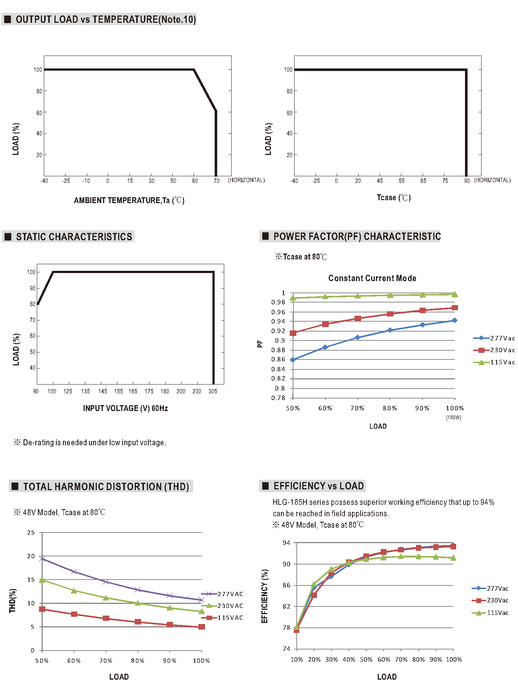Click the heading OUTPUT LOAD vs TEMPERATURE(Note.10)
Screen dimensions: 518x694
click(x=106, y=19)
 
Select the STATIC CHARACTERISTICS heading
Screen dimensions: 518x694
click(x=74, y=237)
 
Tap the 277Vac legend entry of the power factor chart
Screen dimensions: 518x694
click(x=494, y=338)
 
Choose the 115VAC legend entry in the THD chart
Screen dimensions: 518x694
click(x=222, y=617)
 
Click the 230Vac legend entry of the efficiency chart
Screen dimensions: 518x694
click(x=490, y=600)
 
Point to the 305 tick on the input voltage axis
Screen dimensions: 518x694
click(x=213, y=391)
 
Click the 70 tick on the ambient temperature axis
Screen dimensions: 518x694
click(x=217, y=181)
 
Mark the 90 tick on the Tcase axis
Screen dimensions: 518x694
click(x=467, y=181)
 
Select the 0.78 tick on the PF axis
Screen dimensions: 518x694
click(x=278, y=398)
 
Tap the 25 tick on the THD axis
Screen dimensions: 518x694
click(x=31, y=532)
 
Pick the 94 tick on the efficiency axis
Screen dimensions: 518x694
click(x=286, y=543)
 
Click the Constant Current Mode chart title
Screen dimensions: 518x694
click(x=372, y=278)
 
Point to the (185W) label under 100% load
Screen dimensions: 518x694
click(x=454, y=417)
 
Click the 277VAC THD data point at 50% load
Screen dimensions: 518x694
click(x=42, y=559)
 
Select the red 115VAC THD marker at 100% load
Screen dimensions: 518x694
click(x=201, y=627)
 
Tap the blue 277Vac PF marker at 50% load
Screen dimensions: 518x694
click(x=293, y=360)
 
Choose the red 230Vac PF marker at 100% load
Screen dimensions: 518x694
click(x=455, y=308)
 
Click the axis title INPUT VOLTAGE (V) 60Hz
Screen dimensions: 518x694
click(x=126, y=408)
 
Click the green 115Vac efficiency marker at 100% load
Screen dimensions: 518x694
click(x=453, y=558)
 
